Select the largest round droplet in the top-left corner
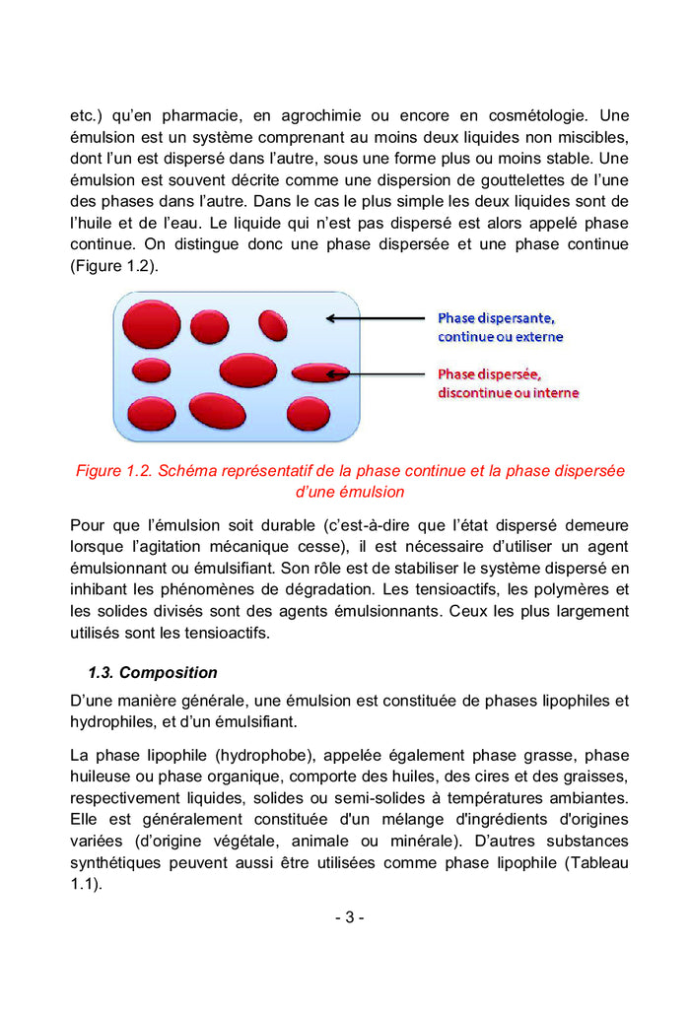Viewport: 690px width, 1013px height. point(150,323)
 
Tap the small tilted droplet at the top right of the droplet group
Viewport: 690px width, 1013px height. point(273,324)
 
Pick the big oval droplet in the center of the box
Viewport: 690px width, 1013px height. point(247,370)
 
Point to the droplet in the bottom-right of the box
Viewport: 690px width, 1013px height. point(309,414)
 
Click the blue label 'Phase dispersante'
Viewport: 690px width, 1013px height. point(496,317)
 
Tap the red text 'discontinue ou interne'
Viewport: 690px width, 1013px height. point(508,393)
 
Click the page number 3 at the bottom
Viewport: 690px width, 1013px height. point(348,917)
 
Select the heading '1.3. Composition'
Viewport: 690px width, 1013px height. point(153,673)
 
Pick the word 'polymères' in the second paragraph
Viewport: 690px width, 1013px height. point(571,590)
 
